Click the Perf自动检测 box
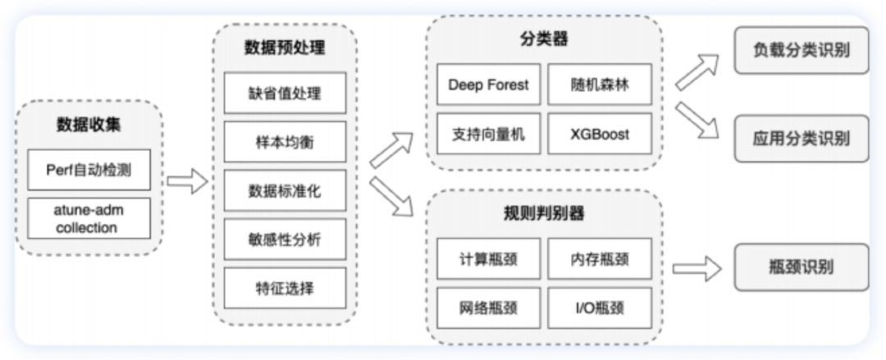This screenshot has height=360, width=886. [89, 170]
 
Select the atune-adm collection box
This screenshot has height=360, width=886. [89, 218]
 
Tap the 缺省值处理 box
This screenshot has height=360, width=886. [285, 93]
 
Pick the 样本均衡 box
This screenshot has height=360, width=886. [285, 142]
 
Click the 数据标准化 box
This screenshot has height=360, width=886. [285, 191]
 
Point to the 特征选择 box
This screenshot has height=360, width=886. [285, 288]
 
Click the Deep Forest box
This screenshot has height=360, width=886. [488, 84]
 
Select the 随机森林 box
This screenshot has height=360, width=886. [600, 84]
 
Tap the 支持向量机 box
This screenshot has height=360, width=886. [488, 133]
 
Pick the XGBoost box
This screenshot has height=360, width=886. [600, 133]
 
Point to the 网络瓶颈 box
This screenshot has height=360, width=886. [488, 308]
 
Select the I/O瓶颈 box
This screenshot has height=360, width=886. [600, 308]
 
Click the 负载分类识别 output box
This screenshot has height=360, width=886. [800, 50]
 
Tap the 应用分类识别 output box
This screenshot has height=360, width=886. [800, 138]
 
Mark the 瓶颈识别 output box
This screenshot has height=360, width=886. [800, 267]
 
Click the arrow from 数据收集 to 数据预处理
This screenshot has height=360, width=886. [187, 181]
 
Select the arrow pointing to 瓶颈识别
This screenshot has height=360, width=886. [696, 267]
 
